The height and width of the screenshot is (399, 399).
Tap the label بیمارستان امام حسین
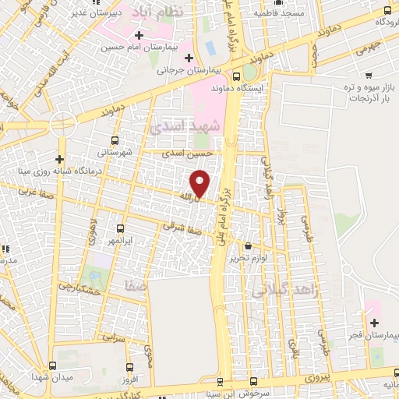144,48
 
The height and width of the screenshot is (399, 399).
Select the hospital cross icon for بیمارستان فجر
374,323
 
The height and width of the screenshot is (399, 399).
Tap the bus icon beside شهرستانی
115,140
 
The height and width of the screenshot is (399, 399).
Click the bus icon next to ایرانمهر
120,229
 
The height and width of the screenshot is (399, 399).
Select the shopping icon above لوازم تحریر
248,246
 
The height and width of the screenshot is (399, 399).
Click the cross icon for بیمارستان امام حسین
138,36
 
